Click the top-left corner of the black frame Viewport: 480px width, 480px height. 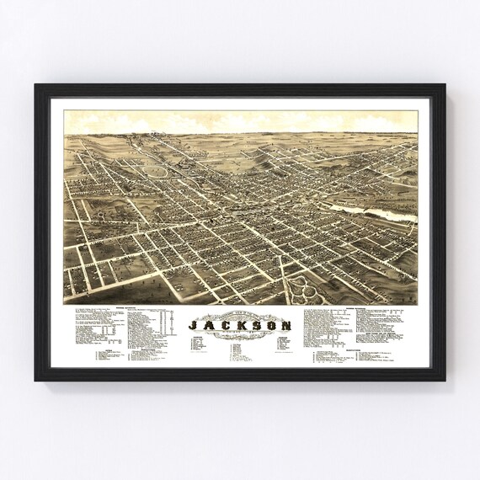[36, 85]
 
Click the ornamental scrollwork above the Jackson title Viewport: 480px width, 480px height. [240, 312]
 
